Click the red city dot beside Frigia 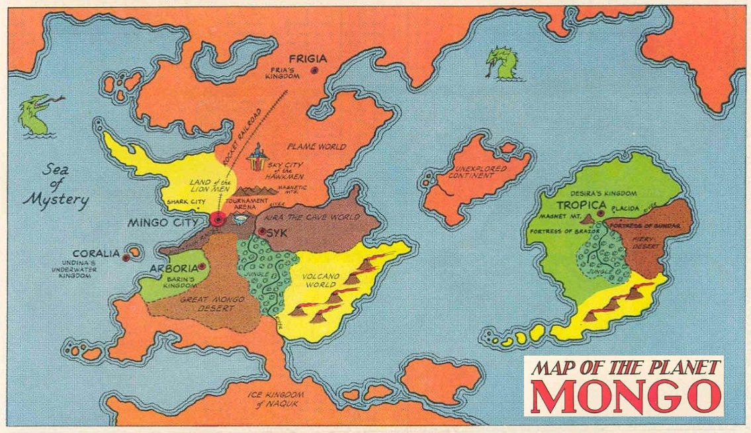[317, 69]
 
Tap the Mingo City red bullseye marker [217, 220]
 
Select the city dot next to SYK [262, 232]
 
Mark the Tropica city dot [599, 214]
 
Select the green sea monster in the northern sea [500, 64]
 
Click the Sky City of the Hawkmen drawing [259, 161]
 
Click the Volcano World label [321, 281]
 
